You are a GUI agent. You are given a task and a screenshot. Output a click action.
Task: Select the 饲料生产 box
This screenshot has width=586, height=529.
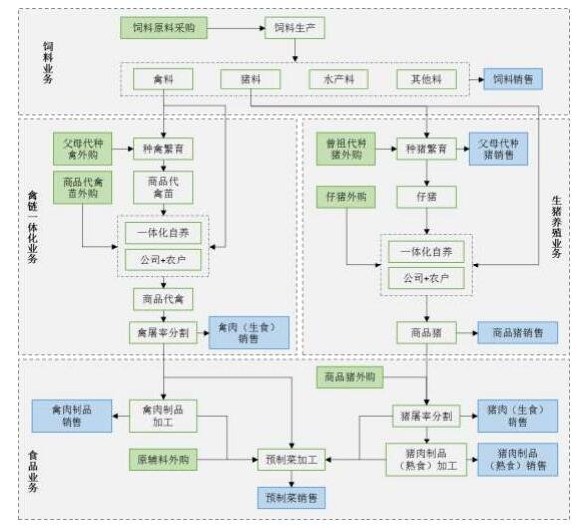[x=294, y=28]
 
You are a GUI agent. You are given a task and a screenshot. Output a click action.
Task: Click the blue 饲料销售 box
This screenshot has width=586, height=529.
[x=513, y=80]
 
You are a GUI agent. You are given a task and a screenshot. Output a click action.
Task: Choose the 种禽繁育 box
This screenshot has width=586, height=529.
[x=162, y=149]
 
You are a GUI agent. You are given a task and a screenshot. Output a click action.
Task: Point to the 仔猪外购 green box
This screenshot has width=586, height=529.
[x=348, y=197]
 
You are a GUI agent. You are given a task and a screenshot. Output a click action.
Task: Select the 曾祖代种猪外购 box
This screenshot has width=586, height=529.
[x=348, y=149]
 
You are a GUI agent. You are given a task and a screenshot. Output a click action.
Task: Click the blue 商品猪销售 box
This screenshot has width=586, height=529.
[x=516, y=332]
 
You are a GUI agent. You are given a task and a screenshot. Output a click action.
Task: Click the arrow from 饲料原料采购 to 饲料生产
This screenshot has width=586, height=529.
[x=237, y=28]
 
